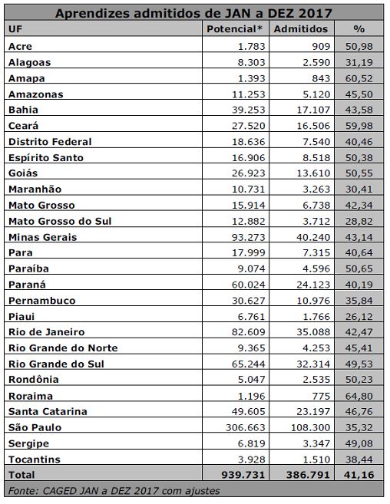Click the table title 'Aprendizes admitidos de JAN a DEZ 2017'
[x=193, y=13]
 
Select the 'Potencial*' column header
[x=235, y=29]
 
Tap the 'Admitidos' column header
[x=301, y=29]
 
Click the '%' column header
[x=359, y=29]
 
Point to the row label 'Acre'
[x=20, y=46]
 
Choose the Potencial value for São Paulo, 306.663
[x=245, y=427]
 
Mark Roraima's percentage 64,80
[x=359, y=396]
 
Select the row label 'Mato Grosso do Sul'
[x=60, y=221]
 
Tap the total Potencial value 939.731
[x=243, y=475]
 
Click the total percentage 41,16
[x=359, y=475]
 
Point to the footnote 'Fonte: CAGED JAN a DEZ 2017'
[x=84, y=491]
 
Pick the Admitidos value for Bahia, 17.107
[x=313, y=110]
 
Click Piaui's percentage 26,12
[x=359, y=317]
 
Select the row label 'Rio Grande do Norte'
[x=63, y=348]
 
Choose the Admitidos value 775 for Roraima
[x=321, y=396]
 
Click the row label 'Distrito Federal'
[x=50, y=142]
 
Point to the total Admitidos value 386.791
[x=309, y=475]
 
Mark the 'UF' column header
[x=15, y=29]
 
